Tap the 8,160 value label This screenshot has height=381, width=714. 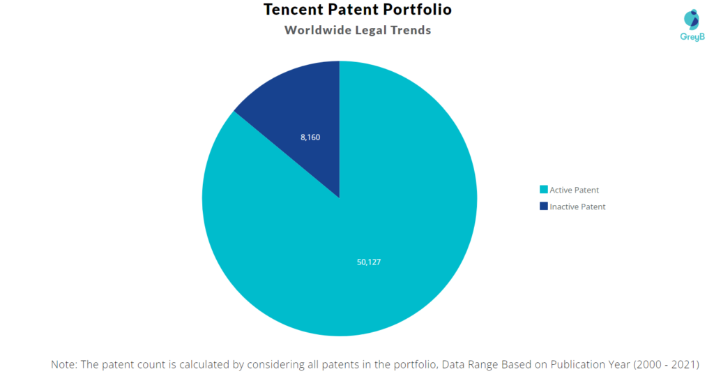[310, 137]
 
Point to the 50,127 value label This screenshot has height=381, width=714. [369, 262]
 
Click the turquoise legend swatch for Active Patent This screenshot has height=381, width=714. [544, 190]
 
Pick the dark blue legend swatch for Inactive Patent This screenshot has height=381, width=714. [544, 207]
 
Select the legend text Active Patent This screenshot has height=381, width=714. [574, 190]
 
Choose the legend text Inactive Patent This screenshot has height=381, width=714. [577, 207]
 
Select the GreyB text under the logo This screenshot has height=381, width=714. [692, 36]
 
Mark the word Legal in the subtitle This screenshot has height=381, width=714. [372, 30]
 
